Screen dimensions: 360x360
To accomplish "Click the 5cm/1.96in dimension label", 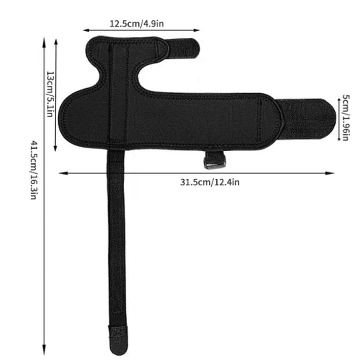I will coord(346,117).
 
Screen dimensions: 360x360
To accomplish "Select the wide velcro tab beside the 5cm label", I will coord(310,117).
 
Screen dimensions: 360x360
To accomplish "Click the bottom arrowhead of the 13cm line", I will coord(55,150).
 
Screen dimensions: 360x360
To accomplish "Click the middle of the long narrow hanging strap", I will coord(117,243).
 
